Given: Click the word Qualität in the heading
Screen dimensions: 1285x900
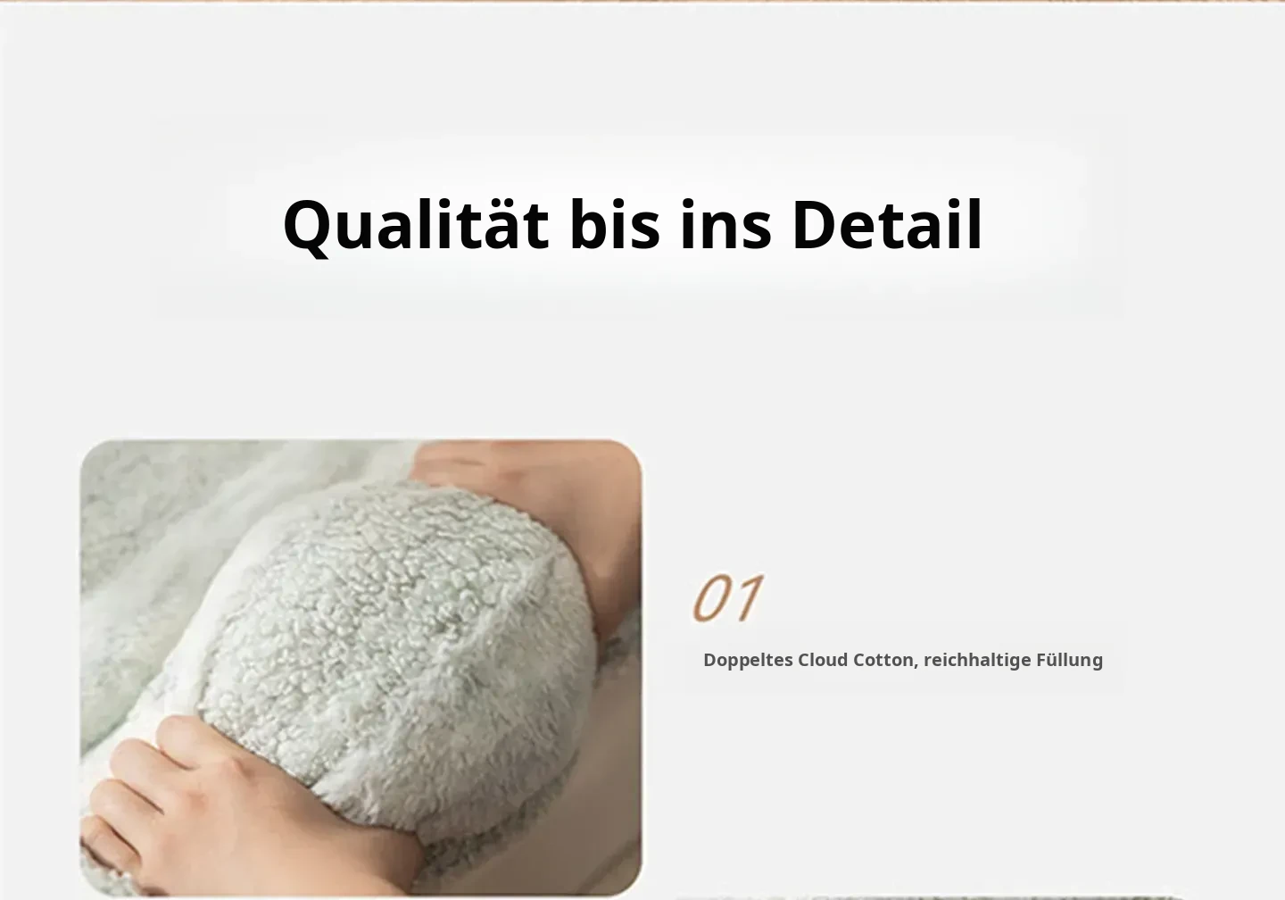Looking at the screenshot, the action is click(416, 226).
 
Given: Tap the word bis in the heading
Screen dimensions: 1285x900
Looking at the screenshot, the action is click(614, 224).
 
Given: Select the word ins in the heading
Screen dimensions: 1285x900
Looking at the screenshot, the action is click(725, 224).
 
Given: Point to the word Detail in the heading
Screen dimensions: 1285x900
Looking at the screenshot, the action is click(887, 224).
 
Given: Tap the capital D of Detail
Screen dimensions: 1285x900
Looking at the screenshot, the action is click(817, 224).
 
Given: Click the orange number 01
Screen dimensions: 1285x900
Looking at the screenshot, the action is click(728, 597).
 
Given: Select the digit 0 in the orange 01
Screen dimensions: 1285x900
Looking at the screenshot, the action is click(715, 597).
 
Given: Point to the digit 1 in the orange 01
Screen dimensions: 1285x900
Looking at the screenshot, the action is click(752, 597).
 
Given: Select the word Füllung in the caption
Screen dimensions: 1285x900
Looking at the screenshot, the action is click(1070, 661).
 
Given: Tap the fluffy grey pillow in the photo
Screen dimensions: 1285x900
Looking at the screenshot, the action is click(396, 648).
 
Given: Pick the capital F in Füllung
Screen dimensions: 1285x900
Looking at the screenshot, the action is click(1041, 660).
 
